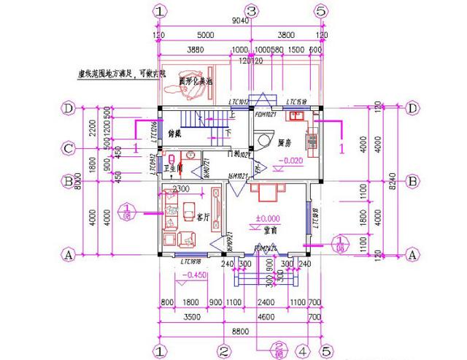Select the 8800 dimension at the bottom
pyautogui.click(x=241, y=330)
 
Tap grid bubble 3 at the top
pyautogui.click(x=252, y=10)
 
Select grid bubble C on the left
pyautogui.click(x=68, y=149)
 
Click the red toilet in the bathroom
pyautogui.click(x=170, y=158)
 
